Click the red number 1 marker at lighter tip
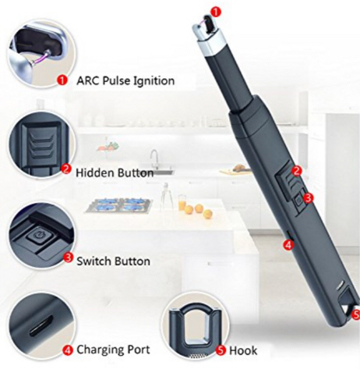(x=216, y=12)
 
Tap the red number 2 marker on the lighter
(x=297, y=171)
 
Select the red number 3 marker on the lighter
(x=308, y=198)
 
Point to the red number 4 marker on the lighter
(x=288, y=245)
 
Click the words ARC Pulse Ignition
(x=125, y=80)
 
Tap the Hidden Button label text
(x=115, y=173)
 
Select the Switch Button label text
(x=113, y=261)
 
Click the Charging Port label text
(x=113, y=349)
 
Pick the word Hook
(x=243, y=350)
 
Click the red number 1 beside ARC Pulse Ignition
(x=62, y=80)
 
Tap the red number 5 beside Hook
(x=221, y=350)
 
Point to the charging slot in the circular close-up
(x=41, y=326)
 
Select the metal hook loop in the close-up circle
(x=195, y=322)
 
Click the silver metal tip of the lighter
(x=208, y=37)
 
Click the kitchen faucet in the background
(x=155, y=158)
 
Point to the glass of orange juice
(x=182, y=202)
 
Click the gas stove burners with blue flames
(x=120, y=205)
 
